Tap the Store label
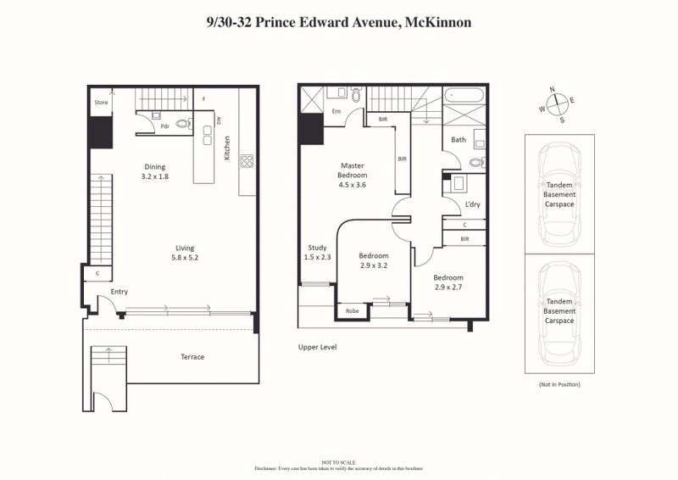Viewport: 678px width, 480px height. point(101,103)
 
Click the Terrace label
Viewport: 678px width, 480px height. point(192,357)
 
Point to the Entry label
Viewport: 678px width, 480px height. point(119,292)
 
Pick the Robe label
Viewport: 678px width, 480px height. point(352,311)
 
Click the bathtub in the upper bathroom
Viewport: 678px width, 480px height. point(464,95)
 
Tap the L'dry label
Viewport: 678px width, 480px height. point(473,204)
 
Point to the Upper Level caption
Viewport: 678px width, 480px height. point(319,347)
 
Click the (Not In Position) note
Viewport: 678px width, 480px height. point(559,384)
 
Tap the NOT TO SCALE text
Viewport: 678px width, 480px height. point(338,462)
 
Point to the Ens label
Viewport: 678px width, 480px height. point(336,111)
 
